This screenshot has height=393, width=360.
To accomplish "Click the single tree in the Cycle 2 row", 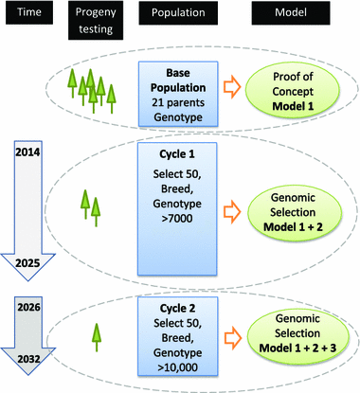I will point(96,337).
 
